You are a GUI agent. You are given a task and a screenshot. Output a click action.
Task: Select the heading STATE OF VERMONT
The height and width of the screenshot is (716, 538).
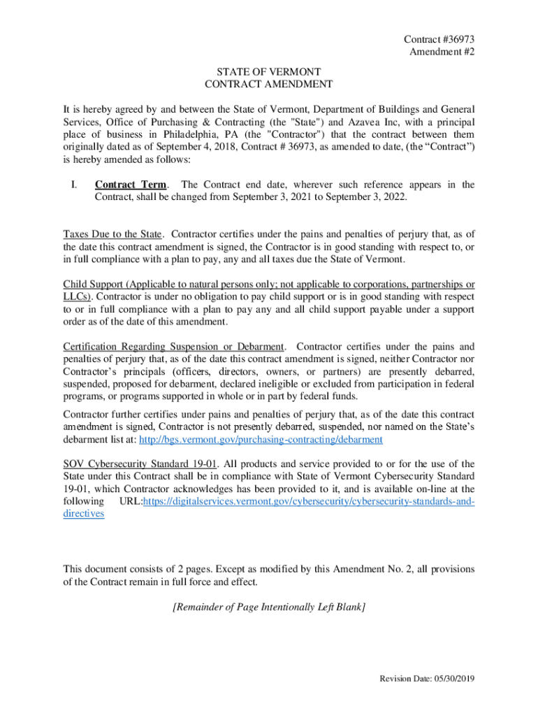click(268, 72)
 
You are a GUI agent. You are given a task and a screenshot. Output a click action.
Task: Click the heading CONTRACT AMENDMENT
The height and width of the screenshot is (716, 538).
click(269, 85)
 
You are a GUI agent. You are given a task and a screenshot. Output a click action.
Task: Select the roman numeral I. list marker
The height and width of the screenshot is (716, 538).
click(73, 185)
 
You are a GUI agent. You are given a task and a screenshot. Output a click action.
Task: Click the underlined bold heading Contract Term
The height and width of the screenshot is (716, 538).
click(131, 185)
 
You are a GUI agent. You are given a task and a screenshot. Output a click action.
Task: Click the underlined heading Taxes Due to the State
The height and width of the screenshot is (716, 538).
click(112, 234)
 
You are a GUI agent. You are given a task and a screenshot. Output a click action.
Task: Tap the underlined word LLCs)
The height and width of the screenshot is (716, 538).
click(77, 296)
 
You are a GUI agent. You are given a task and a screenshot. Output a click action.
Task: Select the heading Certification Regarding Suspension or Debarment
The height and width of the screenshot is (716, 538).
click(174, 347)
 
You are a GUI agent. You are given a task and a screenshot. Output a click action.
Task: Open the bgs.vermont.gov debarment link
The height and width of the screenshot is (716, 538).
click(261, 439)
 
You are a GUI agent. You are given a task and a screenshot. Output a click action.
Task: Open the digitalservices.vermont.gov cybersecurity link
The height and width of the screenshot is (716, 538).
click(308, 501)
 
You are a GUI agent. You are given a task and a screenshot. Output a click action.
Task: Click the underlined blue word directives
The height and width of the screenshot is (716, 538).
click(84, 513)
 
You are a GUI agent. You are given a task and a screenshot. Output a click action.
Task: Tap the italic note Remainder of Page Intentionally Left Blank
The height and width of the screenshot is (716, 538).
click(269, 606)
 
